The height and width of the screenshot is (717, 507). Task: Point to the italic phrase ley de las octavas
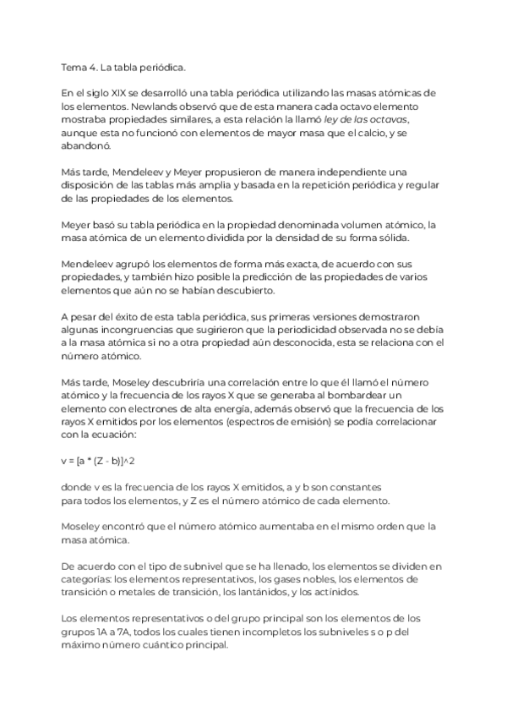362,122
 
